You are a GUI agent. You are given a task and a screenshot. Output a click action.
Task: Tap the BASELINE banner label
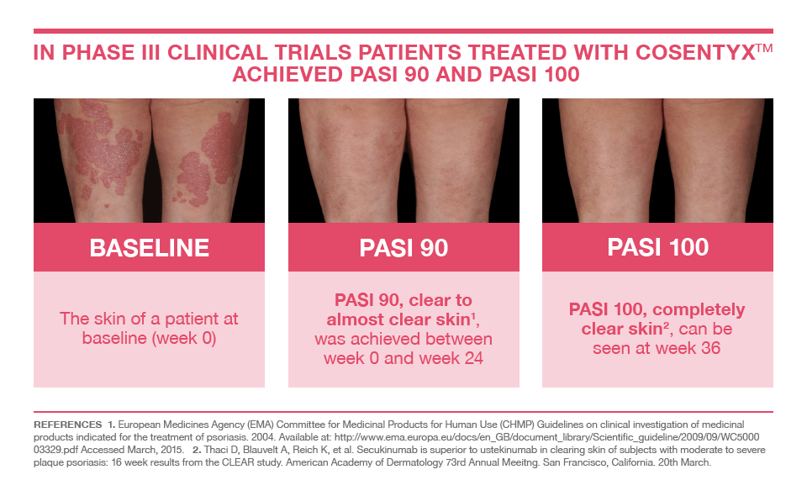click(x=149, y=248)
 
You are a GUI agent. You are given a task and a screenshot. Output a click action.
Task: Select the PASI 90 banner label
click(x=403, y=248)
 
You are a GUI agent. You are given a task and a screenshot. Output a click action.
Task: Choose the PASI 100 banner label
click(x=657, y=247)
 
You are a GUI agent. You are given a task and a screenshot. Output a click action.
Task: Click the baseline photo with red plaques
click(x=149, y=160)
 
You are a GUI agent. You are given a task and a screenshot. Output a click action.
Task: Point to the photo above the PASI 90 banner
click(x=403, y=160)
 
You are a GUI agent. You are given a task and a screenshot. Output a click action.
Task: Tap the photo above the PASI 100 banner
click(x=657, y=160)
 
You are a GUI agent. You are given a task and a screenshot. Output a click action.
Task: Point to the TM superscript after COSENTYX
click(x=763, y=47)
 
